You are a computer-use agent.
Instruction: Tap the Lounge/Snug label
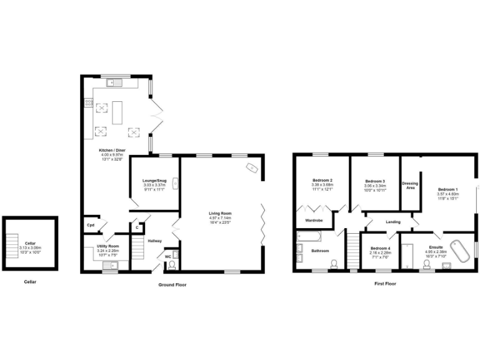click(153, 181)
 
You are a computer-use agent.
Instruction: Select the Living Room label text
click(220, 214)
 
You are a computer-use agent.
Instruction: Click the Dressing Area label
click(409, 186)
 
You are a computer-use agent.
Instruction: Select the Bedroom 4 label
click(379, 248)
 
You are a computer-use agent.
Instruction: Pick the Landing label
click(392, 221)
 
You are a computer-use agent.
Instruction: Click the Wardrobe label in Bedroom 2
click(313, 221)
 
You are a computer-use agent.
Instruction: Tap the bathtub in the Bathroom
click(309, 236)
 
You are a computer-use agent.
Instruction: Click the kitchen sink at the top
click(116, 81)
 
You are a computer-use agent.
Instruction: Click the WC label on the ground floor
click(167, 256)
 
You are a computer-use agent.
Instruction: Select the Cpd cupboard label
click(90, 225)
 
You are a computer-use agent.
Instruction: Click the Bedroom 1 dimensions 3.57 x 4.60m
click(447, 194)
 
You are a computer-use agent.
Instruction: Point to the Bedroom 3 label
click(375, 181)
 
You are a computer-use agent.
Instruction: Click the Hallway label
click(154, 241)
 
